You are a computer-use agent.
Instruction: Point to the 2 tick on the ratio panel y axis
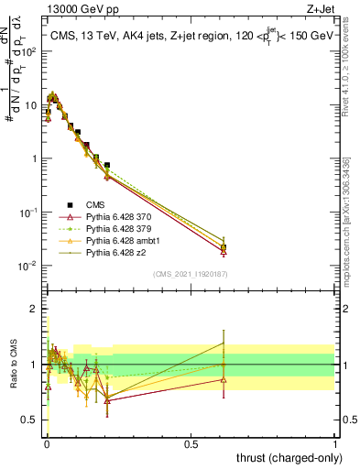coord(34,309)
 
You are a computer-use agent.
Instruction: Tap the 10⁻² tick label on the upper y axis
coord(28,266)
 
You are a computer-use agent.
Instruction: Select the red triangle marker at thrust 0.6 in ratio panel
coord(223,378)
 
